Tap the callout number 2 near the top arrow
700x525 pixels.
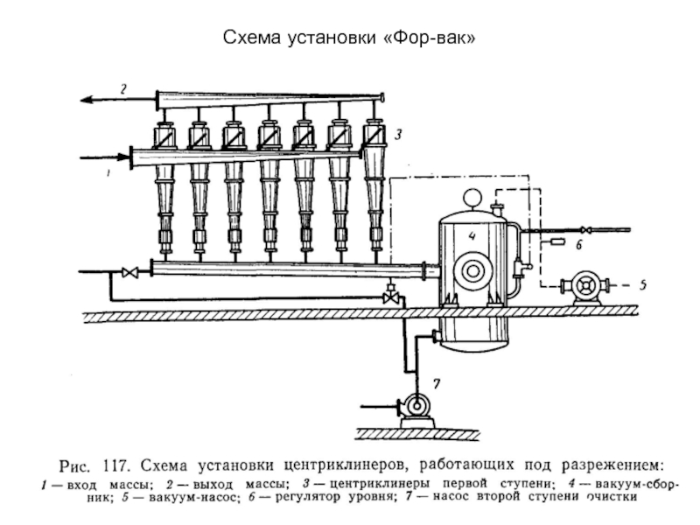click(x=124, y=88)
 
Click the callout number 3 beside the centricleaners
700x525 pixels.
click(x=397, y=135)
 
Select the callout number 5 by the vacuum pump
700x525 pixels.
click(x=641, y=284)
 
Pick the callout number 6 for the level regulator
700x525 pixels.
click(x=579, y=246)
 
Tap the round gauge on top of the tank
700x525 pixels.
click(x=473, y=198)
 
